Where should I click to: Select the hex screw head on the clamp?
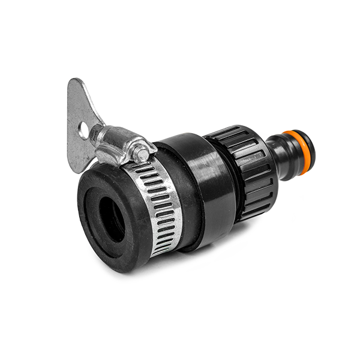tap(142, 154)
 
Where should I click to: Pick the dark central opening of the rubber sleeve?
tap(112, 218)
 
